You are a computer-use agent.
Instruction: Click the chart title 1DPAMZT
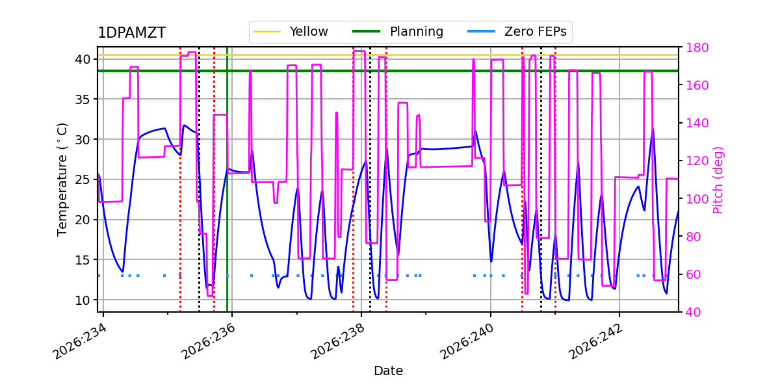(131, 33)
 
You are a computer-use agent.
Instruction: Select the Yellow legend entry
(291, 32)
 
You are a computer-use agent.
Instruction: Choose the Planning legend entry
(398, 32)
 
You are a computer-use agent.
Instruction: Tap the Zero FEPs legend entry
(517, 32)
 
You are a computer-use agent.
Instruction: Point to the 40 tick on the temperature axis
(83, 59)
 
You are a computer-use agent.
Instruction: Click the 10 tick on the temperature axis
(83, 300)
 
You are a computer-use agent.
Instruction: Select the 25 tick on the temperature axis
(83, 179)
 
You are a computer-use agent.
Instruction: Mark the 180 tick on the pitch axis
(697, 47)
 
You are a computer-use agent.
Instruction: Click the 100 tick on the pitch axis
(697, 199)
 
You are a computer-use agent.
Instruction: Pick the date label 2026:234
(79, 341)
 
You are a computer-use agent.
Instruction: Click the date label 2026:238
(337, 341)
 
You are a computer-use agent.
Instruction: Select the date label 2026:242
(595, 341)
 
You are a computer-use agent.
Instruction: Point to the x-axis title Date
(388, 371)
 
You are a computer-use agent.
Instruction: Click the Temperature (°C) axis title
(62, 179)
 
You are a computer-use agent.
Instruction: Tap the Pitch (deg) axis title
(718, 180)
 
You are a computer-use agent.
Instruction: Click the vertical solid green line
(227, 179)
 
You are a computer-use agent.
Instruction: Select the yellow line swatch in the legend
(267, 31)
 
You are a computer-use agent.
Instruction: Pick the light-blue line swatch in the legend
(481, 31)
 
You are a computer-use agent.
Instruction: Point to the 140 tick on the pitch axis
(697, 123)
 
